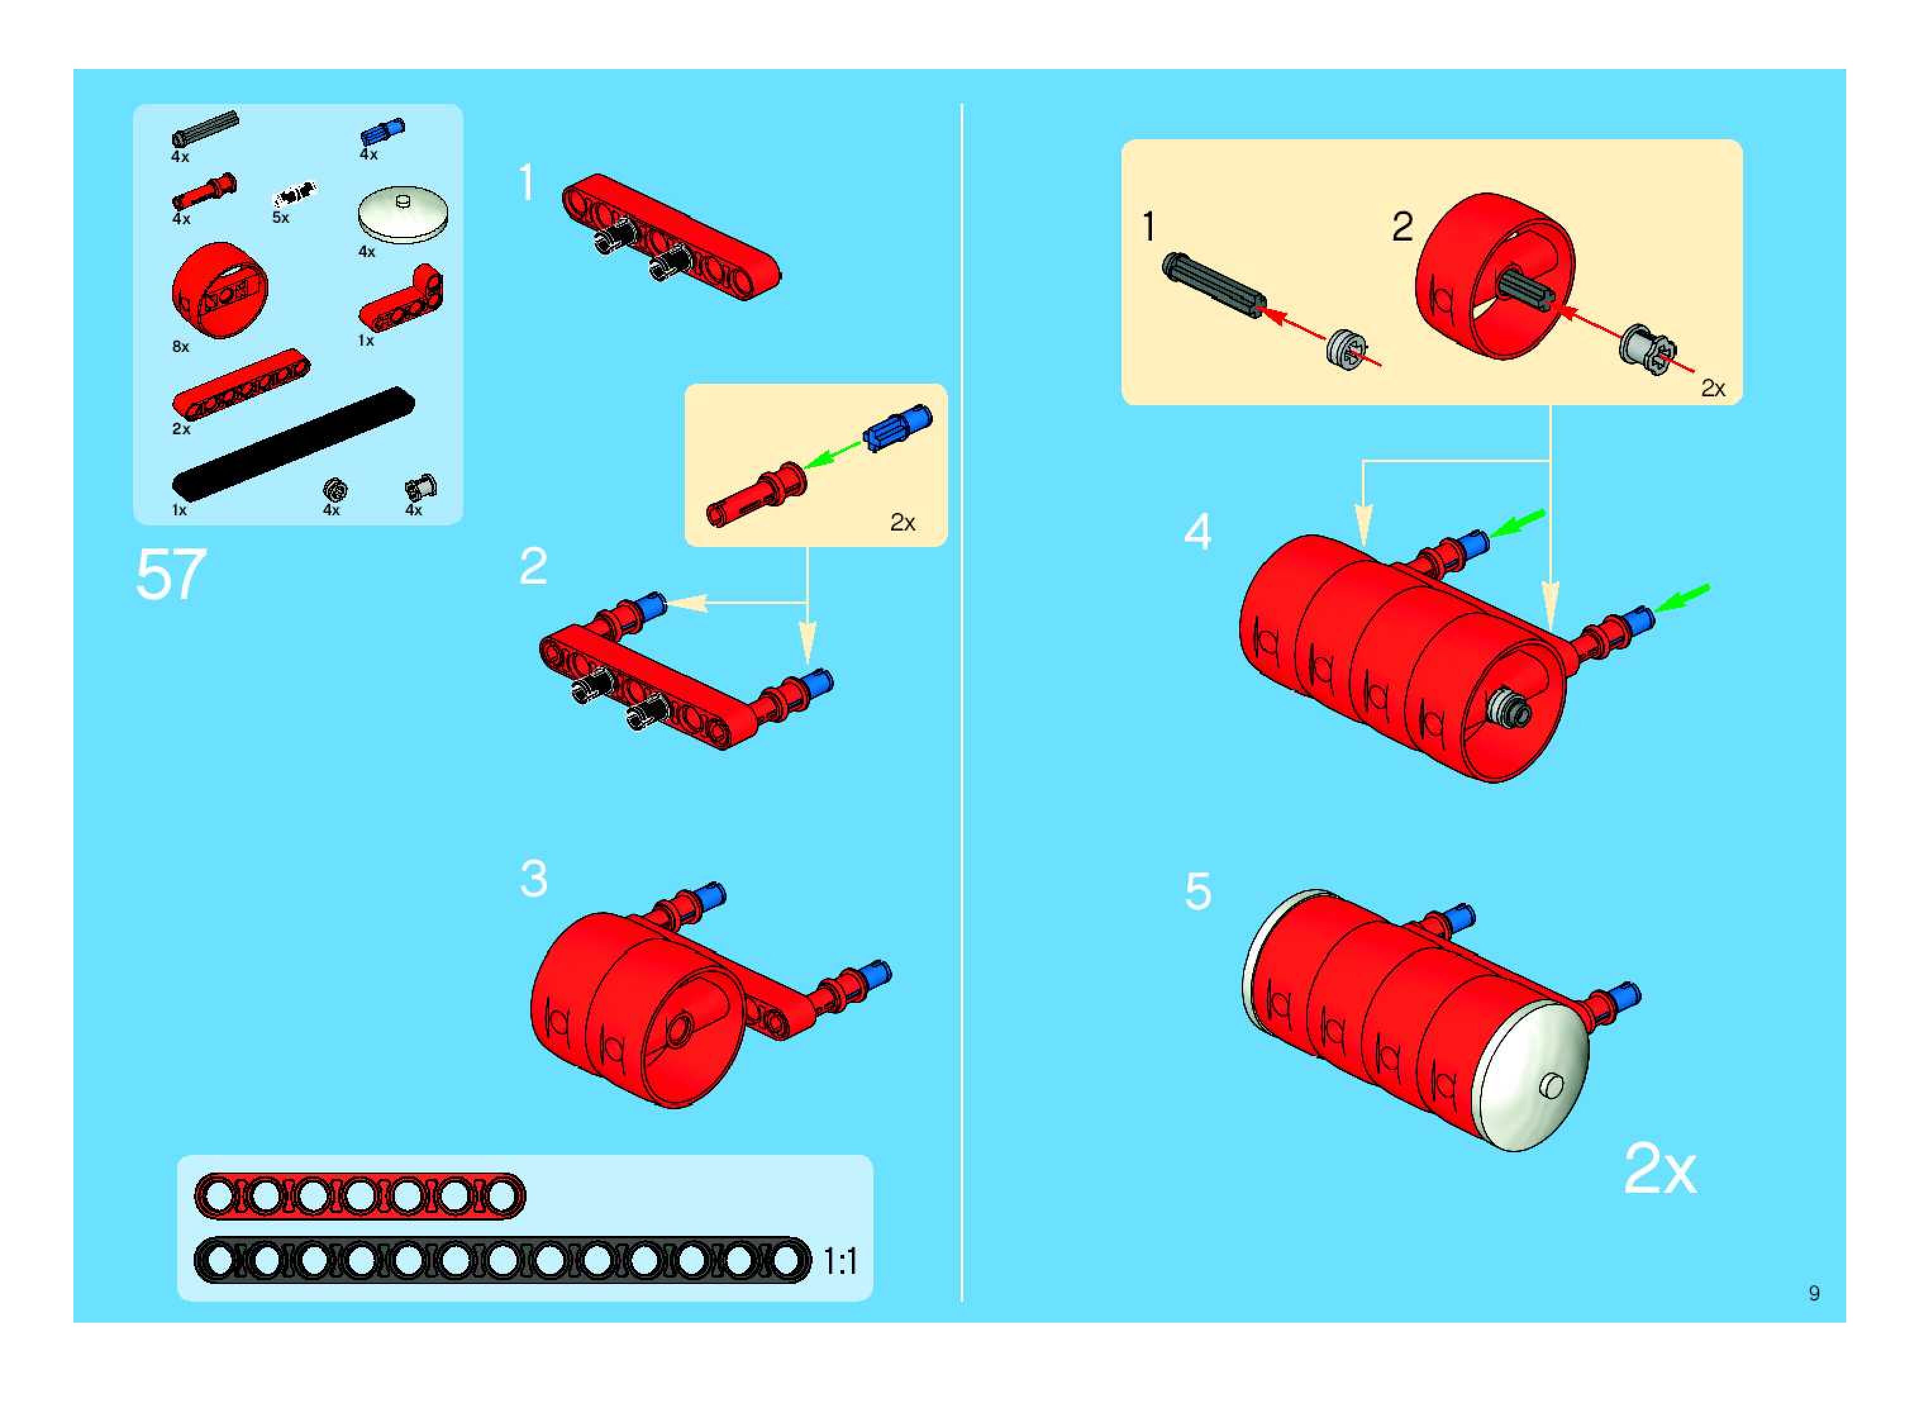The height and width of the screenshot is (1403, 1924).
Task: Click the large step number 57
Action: [x=171, y=574]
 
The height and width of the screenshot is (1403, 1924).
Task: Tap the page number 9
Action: [x=1814, y=1293]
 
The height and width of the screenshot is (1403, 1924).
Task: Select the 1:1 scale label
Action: [x=840, y=1262]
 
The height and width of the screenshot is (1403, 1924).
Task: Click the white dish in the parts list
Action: [x=403, y=214]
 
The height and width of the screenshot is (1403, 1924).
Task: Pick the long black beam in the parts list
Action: [x=294, y=443]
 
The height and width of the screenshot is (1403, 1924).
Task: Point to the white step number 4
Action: [x=1197, y=532]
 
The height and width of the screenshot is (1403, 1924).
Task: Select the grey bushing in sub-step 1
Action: [x=1348, y=350]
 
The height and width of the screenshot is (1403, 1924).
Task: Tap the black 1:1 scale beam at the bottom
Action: [x=503, y=1261]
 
